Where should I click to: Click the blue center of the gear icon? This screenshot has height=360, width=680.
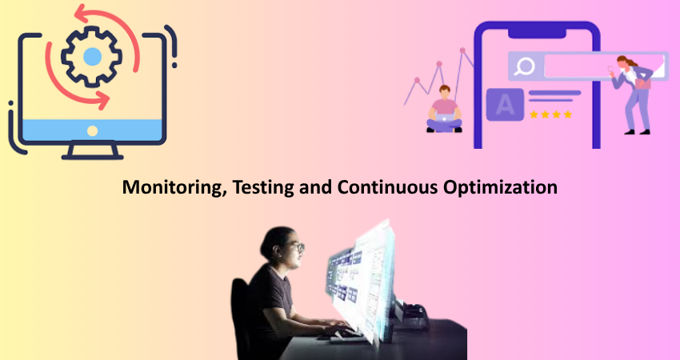pos(92,57)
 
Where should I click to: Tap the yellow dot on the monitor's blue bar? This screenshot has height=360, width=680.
pos(92,130)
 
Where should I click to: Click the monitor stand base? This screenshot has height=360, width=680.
pos(92,157)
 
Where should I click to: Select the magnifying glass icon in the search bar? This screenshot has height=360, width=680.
pos(525,66)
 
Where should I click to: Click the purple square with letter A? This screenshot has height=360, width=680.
pos(505,105)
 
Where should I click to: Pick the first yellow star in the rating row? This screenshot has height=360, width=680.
pos(534,114)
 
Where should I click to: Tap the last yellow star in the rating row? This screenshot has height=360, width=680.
pos(568,114)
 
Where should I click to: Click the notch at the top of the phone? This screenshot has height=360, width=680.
pos(537,33)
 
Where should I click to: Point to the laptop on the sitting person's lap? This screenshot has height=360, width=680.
pos(445,117)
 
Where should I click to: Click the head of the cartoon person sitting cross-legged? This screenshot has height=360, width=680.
pos(445,91)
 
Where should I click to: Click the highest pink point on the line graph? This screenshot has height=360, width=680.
pos(462,50)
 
